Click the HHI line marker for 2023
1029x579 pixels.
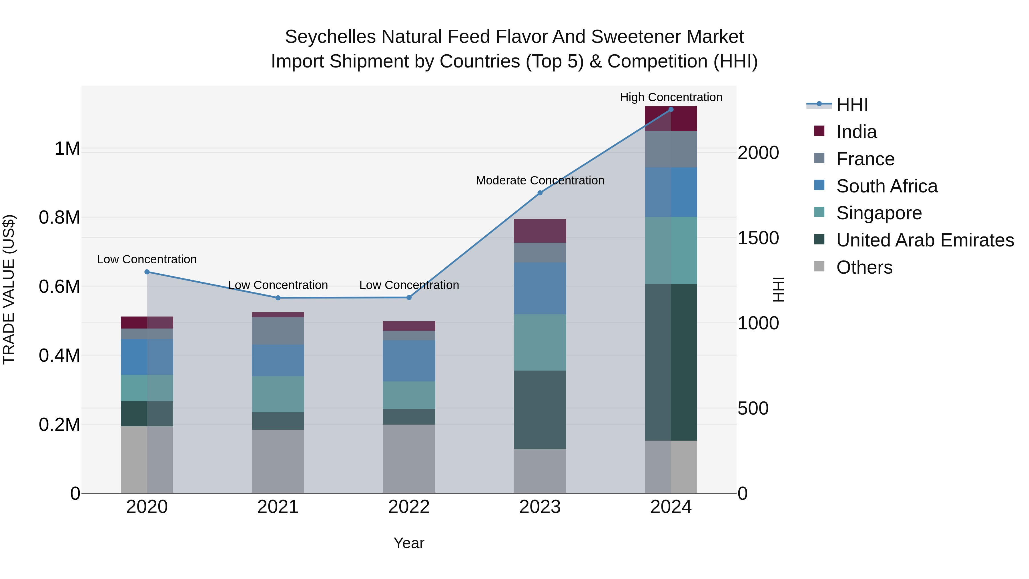[x=540, y=193]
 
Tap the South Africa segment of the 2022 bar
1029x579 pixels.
[x=409, y=361]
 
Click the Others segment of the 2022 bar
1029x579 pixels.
[x=409, y=458]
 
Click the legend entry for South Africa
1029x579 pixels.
[x=886, y=186]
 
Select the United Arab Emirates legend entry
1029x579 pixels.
[x=925, y=240]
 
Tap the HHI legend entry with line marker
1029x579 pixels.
[x=852, y=105]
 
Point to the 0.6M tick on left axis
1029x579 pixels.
[x=59, y=286]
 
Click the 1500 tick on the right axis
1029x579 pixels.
[x=758, y=238]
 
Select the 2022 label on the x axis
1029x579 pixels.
[x=409, y=507]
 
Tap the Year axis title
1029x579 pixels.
[x=409, y=543]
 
